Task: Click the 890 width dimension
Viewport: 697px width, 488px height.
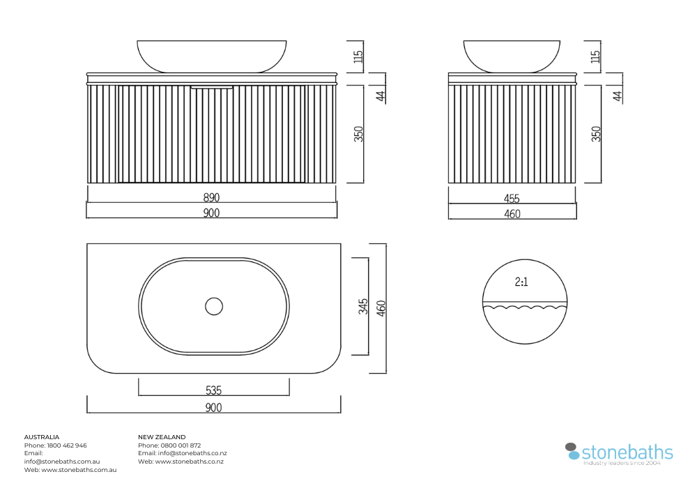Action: click(x=212, y=197)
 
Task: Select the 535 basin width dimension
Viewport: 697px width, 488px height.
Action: click(x=213, y=390)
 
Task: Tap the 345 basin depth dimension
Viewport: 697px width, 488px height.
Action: click(x=363, y=306)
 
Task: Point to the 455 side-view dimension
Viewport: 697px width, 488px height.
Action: click(x=512, y=198)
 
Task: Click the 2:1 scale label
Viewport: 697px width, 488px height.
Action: click(x=521, y=282)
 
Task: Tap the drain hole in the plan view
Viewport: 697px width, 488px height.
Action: click(x=214, y=306)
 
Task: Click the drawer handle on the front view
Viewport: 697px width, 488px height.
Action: click(x=212, y=87)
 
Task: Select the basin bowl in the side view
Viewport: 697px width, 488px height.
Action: click(x=512, y=56)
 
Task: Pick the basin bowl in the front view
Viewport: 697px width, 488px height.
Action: click(x=212, y=56)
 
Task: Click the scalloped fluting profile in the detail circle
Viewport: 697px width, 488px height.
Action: click(x=525, y=307)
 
